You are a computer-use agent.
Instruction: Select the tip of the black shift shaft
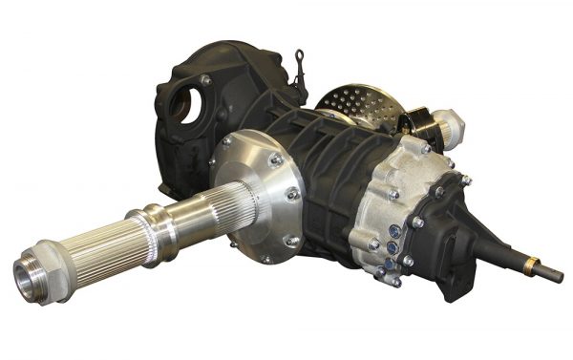coord(559,279)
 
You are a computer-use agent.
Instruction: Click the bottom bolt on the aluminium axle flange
coord(265,257)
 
